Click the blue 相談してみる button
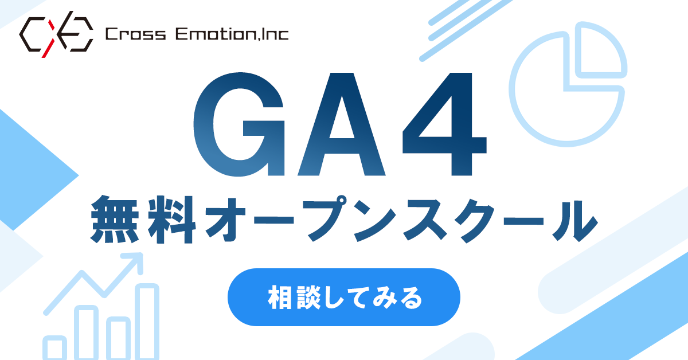click(343, 297)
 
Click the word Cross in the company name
click(135, 34)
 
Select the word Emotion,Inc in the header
click(232, 34)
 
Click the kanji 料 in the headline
click(171, 220)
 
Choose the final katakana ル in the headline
click(575, 221)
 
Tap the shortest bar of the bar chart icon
click(54, 348)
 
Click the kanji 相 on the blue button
click(280, 298)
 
